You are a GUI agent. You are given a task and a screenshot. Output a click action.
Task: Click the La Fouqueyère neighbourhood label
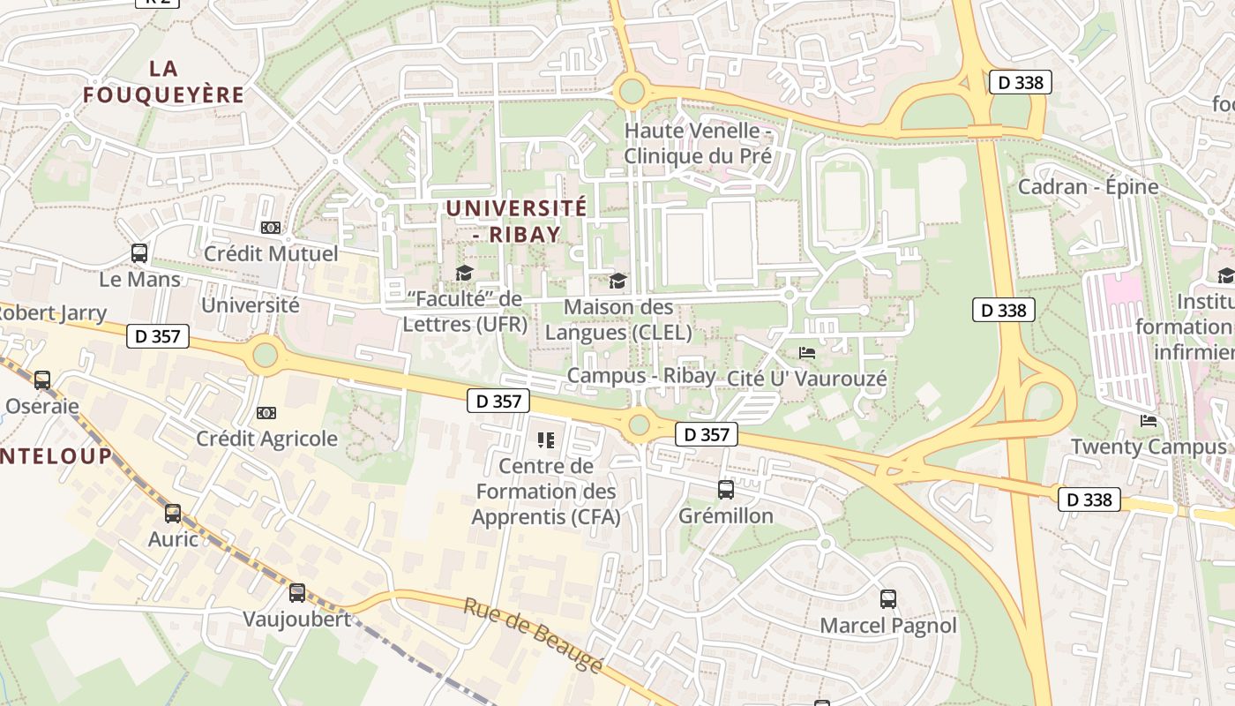(163, 81)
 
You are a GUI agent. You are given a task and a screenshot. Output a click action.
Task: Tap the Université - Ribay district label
(516, 221)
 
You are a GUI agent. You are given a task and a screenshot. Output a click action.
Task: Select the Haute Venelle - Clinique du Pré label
(698, 144)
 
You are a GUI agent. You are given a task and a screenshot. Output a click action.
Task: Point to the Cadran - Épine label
(1088, 187)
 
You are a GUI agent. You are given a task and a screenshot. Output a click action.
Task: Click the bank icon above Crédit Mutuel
(271, 228)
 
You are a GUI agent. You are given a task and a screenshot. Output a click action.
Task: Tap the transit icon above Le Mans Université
(139, 253)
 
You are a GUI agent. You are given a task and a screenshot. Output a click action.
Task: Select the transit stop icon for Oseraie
(42, 380)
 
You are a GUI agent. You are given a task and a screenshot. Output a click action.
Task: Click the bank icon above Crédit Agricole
(266, 412)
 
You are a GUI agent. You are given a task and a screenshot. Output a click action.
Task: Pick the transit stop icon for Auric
(173, 513)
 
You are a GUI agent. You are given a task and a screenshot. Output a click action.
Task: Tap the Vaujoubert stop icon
(297, 592)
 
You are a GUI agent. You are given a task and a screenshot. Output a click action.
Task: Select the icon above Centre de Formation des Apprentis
(546, 439)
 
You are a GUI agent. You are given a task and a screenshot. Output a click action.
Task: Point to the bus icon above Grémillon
(726, 489)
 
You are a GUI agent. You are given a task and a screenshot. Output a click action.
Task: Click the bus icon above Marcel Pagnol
(888, 599)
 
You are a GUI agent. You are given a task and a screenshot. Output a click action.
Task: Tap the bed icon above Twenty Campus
(1149, 420)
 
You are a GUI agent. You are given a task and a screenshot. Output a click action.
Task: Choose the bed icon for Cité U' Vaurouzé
(807, 352)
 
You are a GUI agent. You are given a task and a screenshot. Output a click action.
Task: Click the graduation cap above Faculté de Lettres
(464, 273)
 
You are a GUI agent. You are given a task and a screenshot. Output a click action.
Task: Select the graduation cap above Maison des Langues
(618, 281)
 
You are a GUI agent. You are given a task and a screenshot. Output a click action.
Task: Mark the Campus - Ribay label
(641, 375)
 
